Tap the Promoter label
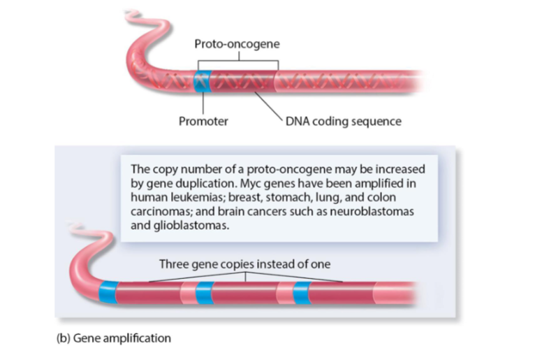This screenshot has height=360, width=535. click(203, 122)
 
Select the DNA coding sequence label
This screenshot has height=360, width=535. click(343, 122)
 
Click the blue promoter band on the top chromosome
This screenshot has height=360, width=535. click(202, 82)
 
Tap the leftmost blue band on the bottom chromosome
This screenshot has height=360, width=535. click(108, 293)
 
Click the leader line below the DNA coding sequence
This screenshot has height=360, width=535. click(269, 106)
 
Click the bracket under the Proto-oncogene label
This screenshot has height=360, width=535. click(237, 62)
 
